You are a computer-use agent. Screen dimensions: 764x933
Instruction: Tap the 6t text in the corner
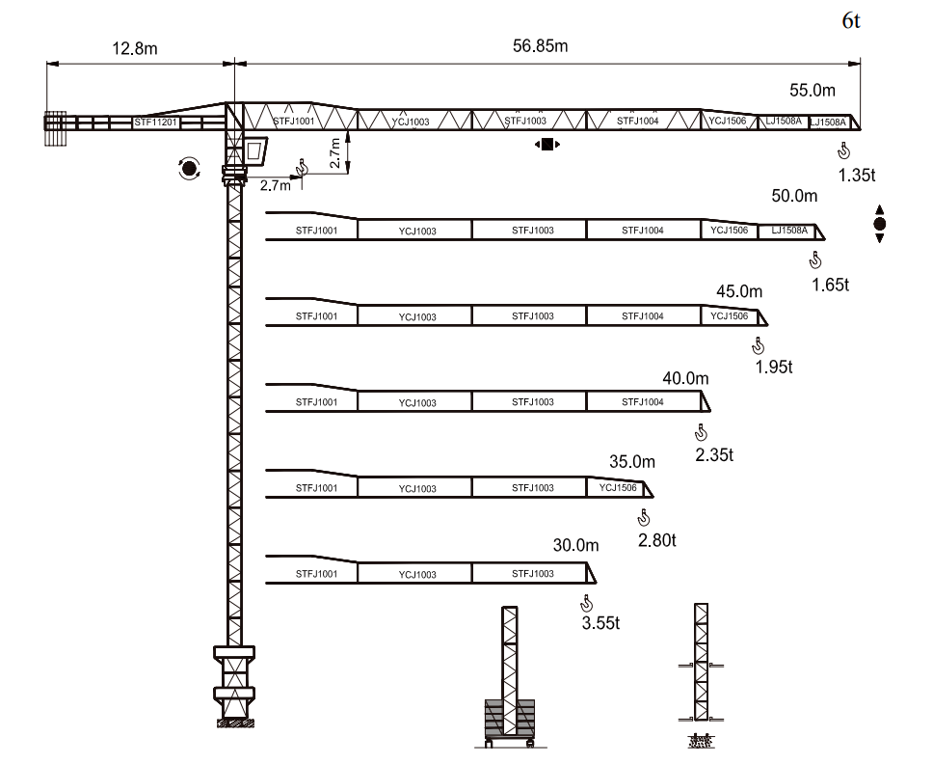(851, 21)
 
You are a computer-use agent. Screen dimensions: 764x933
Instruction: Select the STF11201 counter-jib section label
(155, 123)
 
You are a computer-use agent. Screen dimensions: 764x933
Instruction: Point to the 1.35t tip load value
(856, 176)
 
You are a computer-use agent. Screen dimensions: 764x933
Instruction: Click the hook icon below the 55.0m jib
(844, 150)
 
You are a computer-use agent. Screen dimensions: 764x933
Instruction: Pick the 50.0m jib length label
(794, 196)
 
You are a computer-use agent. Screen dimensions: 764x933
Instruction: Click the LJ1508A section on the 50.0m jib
(786, 231)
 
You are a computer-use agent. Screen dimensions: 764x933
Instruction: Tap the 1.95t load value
(773, 367)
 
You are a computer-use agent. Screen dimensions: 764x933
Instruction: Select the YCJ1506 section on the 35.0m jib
(618, 488)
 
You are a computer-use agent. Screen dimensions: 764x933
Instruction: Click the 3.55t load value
(600, 623)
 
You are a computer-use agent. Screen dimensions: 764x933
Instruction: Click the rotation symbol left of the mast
(189, 170)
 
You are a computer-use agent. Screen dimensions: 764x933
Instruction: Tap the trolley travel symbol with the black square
(546, 145)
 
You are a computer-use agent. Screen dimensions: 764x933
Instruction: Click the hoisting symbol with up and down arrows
(879, 224)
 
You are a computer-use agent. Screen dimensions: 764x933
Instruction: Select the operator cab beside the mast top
(254, 150)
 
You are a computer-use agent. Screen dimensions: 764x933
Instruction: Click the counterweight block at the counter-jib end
(55, 128)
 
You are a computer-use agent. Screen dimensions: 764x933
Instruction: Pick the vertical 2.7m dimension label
(334, 152)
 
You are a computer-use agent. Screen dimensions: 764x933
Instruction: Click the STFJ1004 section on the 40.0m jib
(642, 402)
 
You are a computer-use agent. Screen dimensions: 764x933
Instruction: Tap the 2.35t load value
(714, 454)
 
